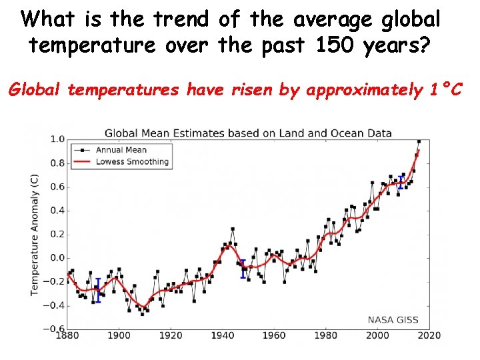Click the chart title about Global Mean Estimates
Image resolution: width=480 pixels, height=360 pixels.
tap(248, 133)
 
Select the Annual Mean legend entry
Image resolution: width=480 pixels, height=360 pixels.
tap(121, 150)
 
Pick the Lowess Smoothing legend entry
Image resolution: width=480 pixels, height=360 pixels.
tap(132, 162)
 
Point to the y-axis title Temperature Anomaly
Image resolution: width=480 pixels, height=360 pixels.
tap(35, 234)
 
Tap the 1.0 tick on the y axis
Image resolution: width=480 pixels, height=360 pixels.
tap(57, 139)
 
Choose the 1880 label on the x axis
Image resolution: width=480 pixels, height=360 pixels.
tap(67, 336)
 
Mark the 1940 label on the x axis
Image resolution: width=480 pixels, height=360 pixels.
tap(223, 336)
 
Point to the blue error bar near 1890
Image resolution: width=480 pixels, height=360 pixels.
tap(98, 290)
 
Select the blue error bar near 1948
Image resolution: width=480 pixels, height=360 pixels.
tap(243, 269)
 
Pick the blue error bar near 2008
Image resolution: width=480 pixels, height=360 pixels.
tap(400, 183)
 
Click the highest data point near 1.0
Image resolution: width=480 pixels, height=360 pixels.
tap(419, 141)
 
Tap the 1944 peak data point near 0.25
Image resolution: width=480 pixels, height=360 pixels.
tap(233, 229)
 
